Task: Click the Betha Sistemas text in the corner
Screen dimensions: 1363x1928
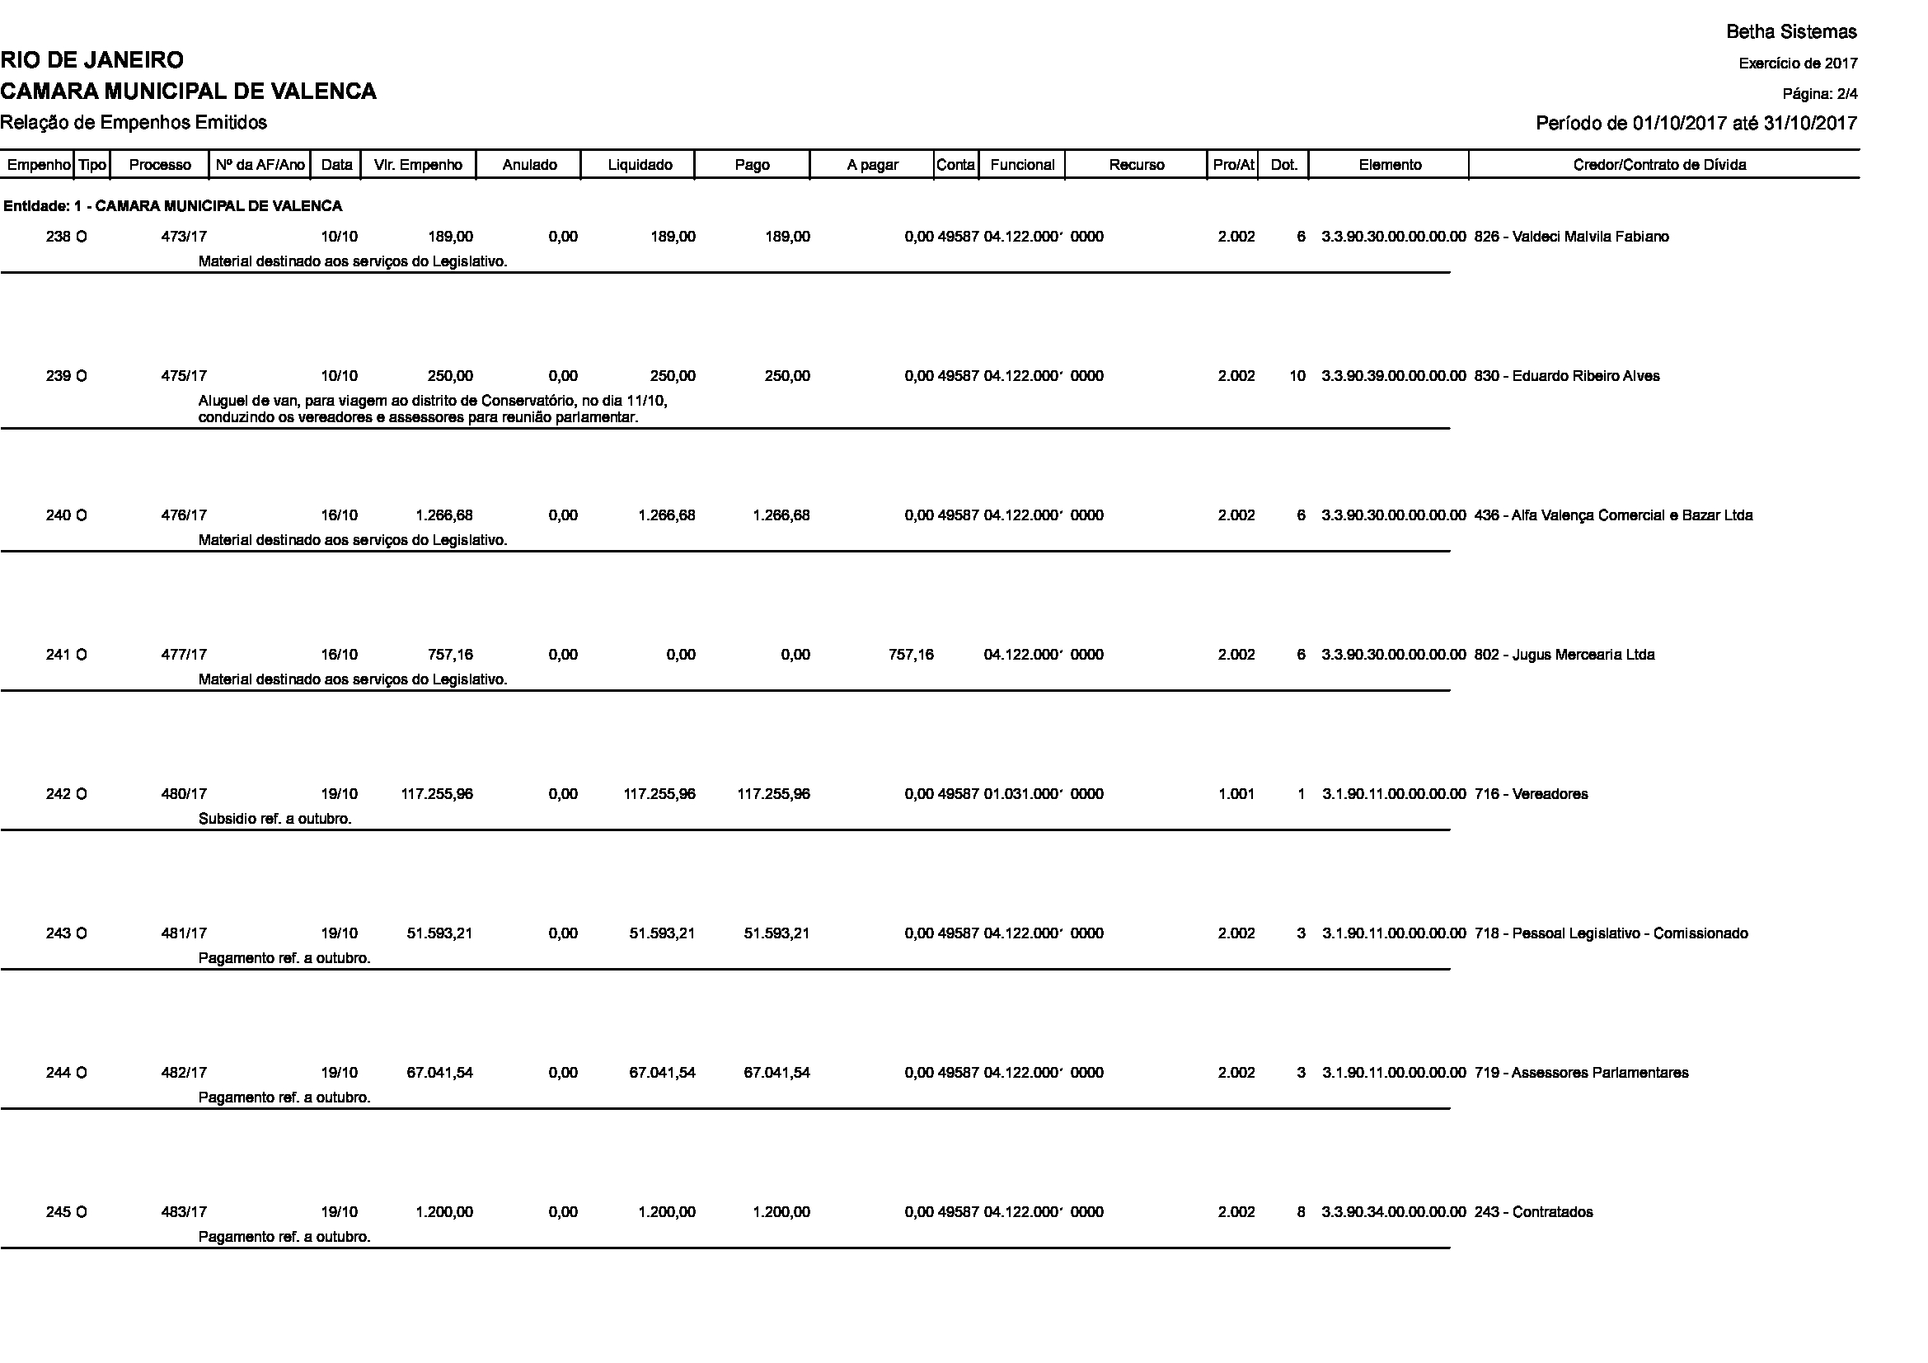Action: [x=1791, y=32]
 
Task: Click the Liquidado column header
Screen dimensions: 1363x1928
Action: [x=639, y=165]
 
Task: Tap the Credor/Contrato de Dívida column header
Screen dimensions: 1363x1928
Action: [x=1659, y=165]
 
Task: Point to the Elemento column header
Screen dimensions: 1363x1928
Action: [x=1390, y=165]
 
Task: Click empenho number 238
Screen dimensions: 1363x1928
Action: [x=58, y=237]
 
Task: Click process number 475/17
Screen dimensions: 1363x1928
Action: [x=184, y=376]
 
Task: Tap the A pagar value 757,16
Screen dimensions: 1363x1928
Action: [x=910, y=655]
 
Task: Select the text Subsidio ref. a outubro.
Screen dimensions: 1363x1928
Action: [x=274, y=819]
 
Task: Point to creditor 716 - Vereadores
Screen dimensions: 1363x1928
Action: [x=1531, y=794]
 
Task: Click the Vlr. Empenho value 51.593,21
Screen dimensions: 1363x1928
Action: [x=440, y=934]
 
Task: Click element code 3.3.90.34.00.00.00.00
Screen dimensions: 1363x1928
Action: [x=1393, y=1213]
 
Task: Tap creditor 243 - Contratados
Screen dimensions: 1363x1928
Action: [x=1533, y=1213]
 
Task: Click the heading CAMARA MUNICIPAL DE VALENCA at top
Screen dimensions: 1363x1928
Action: [x=188, y=91]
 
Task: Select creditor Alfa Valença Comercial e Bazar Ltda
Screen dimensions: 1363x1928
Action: [x=1613, y=515]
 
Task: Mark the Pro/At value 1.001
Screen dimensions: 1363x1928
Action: [x=1236, y=794]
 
